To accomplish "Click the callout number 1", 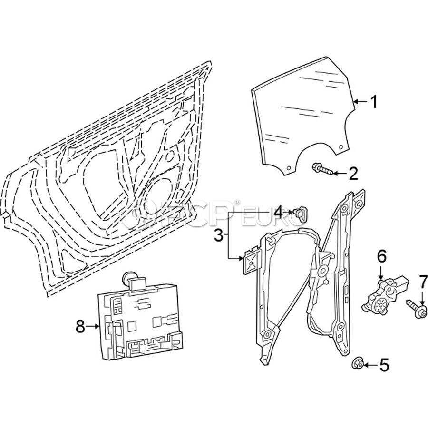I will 374,101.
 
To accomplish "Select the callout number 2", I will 352,174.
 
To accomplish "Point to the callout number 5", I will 384,365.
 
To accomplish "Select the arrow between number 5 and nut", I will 370,365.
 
